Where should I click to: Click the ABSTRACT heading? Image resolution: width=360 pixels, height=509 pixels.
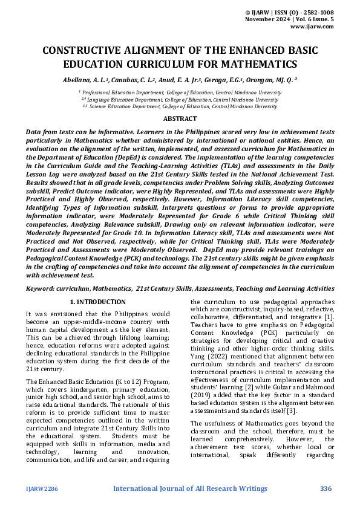[x=180, y=119]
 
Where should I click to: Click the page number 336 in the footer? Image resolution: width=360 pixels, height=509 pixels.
[x=326, y=488]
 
